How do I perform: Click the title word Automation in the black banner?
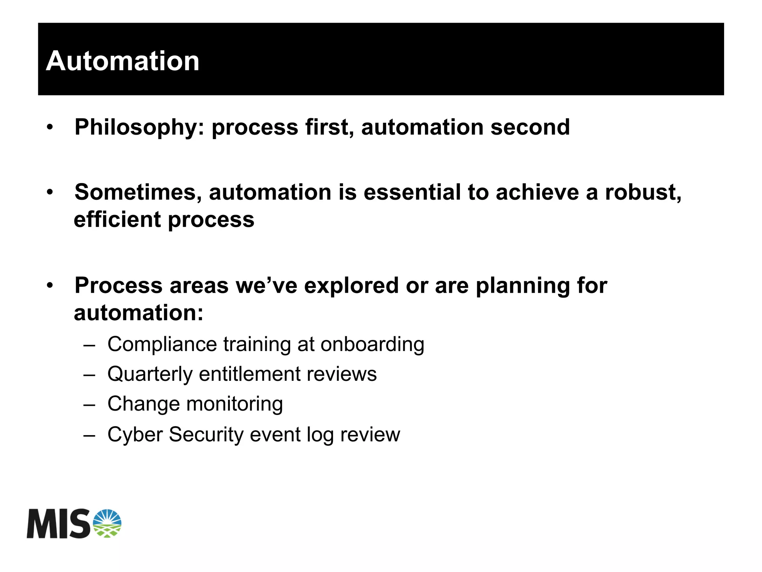tap(122, 61)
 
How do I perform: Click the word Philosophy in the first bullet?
tap(135, 128)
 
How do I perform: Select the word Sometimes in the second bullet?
tap(138, 193)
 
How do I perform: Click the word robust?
tap(642, 192)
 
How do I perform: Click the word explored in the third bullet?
tap(351, 286)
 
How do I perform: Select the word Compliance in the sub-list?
tap(162, 344)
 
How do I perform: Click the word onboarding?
tap(372, 344)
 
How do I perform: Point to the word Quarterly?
tap(150, 374)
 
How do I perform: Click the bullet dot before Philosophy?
tap(50, 127)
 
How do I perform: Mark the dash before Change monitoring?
tap(89, 404)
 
